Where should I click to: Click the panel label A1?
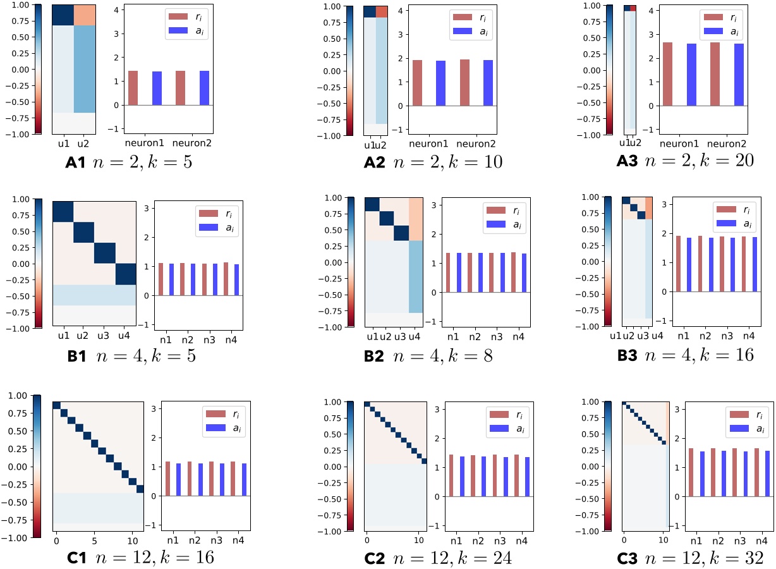[x=80, y=162]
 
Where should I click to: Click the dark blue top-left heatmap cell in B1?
[x=63, y=212]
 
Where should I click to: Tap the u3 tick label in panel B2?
[x=401, y=336]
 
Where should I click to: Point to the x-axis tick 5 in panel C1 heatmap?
[x=94, y=542]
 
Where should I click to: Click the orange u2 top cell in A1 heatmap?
[x=84, y=15]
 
